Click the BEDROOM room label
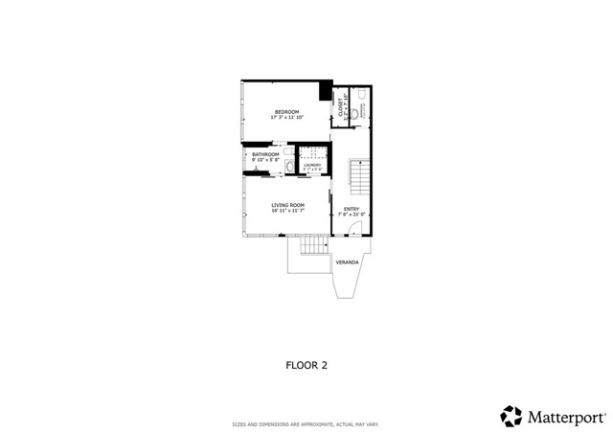287,112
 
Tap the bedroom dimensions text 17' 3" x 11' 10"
287,118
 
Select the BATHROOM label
265,154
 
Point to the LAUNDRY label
312,165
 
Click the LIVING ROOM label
287,205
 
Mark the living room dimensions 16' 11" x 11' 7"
287,211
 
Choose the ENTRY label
351,208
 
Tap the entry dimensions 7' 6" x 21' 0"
351,214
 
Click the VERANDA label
347,262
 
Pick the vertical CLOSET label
340,107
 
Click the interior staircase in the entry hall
358,178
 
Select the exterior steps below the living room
314,246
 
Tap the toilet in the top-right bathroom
354,115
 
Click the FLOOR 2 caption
306,364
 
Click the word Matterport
565,416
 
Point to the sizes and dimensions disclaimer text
306,424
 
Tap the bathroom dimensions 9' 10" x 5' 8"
265,160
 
